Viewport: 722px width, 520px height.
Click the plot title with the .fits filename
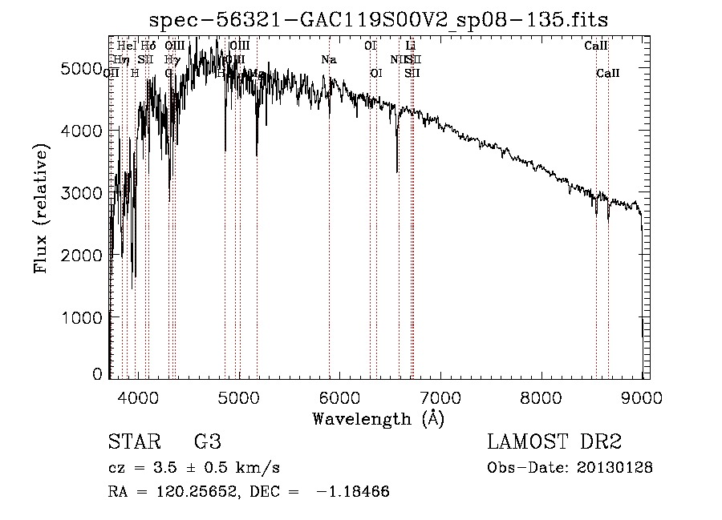(x=384, y=21)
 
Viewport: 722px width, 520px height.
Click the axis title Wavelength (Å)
(x=378, y=418)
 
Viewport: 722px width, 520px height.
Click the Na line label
(x=329, y=59)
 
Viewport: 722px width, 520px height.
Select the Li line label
(x=411, y=46)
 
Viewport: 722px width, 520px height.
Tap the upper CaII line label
(x=595, y=46)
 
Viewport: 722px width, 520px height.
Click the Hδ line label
(x=148, y=46)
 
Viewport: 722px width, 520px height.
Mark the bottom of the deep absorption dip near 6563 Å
(x=397, y=171)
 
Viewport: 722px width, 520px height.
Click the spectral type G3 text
(x=207, y=442)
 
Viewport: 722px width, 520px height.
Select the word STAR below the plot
(x=132, y=442)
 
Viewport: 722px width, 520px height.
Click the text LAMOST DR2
(x=554, y=442)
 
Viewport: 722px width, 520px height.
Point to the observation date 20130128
(x=615, y=468)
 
